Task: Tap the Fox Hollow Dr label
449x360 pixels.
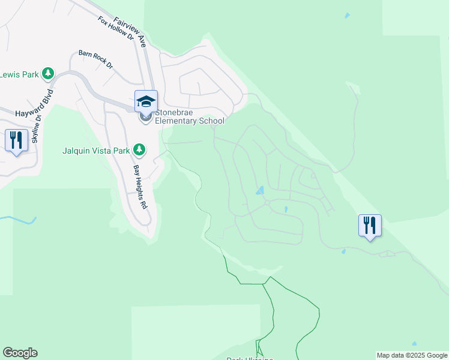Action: pyautogui.click(x=116, y=28)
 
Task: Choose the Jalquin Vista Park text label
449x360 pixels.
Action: pyautogui.click(x=96, y=149)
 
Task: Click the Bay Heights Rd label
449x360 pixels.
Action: pyautogui.click(x=140, y=186)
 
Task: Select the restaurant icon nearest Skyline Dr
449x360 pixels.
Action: pyautogui.click(x=16, y=140)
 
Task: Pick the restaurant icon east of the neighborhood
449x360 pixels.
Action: pyautogui.click(x=370, y=226)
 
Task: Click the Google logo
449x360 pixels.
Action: pyautogui.click(x=20, y=353)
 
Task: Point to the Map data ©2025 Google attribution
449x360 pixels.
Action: pyautogui.click(x=412, y=355)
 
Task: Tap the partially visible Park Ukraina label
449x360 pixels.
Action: pyautogui.click(x=250, y=358)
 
